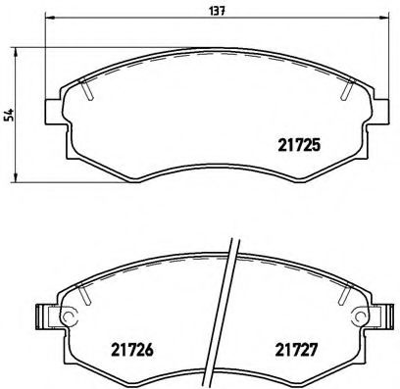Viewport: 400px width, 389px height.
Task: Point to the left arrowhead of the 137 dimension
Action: [50, 22]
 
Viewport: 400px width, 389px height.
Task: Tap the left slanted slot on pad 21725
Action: [87, 89]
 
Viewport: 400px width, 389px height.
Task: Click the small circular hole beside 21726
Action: [69, 316]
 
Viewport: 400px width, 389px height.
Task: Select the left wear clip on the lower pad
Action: [42, 316]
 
